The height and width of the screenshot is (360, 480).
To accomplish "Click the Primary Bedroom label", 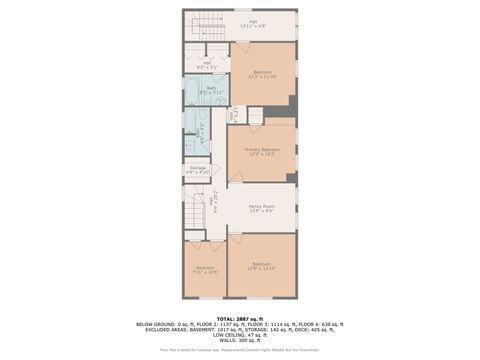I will pos(262,149).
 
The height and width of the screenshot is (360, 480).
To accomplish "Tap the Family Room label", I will pos(262,206).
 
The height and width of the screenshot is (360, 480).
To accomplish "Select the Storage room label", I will pos(198,168).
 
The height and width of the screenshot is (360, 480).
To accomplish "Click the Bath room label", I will pos(212,88).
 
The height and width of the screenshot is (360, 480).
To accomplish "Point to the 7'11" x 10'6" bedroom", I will pos(205,269).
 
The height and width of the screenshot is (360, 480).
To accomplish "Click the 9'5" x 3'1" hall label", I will pos(207,64).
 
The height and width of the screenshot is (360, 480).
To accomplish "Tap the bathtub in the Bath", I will pos(193,125).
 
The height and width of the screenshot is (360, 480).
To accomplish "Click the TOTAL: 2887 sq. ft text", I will pos(240,318).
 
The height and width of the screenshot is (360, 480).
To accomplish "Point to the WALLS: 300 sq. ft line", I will pos(240,340).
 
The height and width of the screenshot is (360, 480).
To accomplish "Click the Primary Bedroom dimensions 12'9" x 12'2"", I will pos(262,154).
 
